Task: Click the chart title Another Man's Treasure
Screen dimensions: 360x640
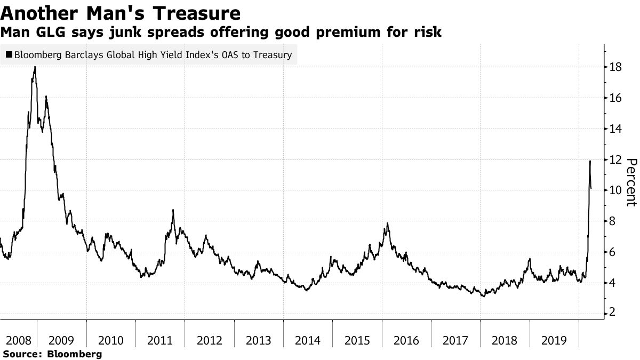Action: [120, 12]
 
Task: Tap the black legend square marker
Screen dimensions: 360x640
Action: [9, 55]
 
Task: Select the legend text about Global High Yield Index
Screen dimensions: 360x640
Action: [153, 55]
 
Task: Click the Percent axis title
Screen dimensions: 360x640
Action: [630, 182]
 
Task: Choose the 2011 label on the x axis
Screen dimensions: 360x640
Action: [160, 340]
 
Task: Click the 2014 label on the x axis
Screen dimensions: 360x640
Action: [308, 340]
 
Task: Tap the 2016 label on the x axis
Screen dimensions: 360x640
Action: [406, 340]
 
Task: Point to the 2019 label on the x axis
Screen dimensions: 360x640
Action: [554, 340]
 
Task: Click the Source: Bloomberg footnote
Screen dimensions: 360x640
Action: [52, 354]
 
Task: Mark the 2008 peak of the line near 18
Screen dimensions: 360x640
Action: [35, 67]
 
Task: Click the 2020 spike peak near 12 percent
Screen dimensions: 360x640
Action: [590, 161]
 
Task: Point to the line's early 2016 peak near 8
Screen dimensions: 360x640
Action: [387, 223]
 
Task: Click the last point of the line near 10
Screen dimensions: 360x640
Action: [591, 188]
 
